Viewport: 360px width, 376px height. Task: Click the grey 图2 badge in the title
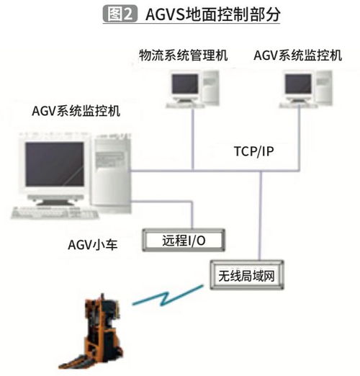[120, 14]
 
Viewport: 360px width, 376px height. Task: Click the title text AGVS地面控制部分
[213, 14]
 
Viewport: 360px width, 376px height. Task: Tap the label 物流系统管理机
[183, 55]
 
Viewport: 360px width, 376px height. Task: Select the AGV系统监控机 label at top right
[297, 55]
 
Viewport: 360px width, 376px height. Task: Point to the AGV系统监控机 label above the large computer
[76, 111]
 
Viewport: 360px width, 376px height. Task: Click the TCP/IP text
[253, 151]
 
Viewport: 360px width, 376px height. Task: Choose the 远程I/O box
[184, 240]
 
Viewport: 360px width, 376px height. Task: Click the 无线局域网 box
[247, 275]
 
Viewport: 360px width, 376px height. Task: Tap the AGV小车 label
[93, 245]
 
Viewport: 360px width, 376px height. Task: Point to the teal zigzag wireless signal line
[168, 295]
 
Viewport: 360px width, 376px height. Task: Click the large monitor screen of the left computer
[55, 164]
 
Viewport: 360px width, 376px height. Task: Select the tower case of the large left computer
[112, 173]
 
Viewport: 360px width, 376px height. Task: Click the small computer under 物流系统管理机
[192, 89]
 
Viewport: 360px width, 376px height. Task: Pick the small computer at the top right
[306, 89]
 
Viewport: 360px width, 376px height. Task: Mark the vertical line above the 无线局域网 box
[261, 215]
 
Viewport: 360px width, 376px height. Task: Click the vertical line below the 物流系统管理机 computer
[192, 140]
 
